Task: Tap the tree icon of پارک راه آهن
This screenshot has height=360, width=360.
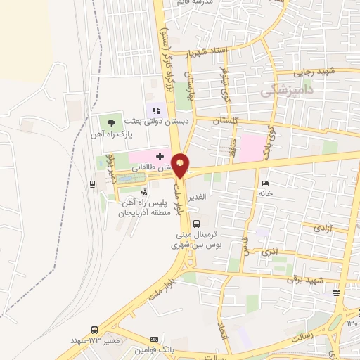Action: [111, 122]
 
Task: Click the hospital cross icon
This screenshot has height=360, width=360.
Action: [160, 156]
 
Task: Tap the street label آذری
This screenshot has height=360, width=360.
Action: [269, 251]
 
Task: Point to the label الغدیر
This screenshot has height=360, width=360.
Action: [198, 196]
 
